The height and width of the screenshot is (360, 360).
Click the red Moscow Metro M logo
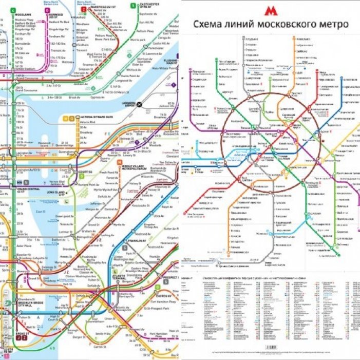tap(270, 11)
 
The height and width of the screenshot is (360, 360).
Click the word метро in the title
tap(329, 24)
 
